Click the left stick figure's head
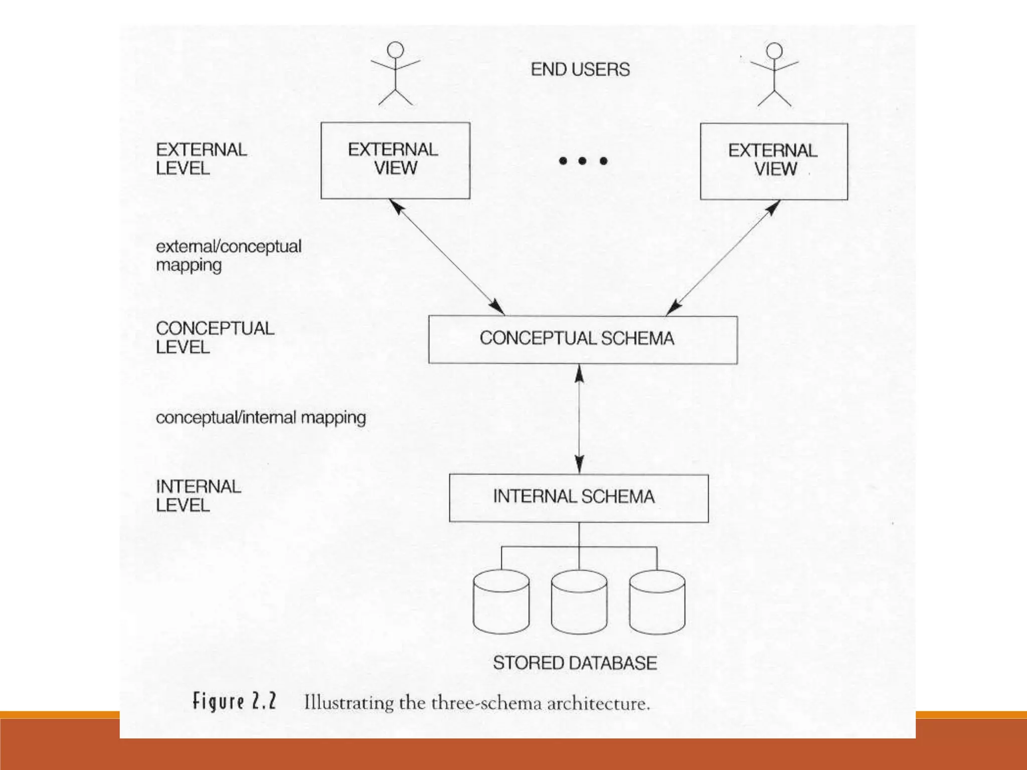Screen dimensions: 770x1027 (x=396, y=50)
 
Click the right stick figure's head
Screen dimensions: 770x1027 (x=775, y=50)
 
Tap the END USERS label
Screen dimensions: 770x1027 (x=580, y=69)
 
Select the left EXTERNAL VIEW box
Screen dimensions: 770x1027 (x=395, y=160)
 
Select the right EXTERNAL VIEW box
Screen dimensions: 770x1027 (x=774, y=161)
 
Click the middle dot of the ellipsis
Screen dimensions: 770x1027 (x=582, y=161)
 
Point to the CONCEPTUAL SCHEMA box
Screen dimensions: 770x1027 (x=583, y=339)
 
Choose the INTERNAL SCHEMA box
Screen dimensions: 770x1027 (x=579, y=498)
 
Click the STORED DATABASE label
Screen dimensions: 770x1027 (x=575, y=663)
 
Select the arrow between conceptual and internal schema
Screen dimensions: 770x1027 (x=579, y=419)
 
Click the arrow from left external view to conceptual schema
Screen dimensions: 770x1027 (x=447, y=257)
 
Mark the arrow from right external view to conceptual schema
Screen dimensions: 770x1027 (x=723, y=258)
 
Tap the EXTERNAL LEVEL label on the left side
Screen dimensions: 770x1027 (x=201, y=159)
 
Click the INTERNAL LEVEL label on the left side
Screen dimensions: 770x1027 (x=198, y=496)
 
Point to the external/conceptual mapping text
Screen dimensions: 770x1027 (x=228, y=256)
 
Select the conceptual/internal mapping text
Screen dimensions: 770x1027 (x=261, y=418)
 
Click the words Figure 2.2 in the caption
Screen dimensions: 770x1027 (x=235, y=701)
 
